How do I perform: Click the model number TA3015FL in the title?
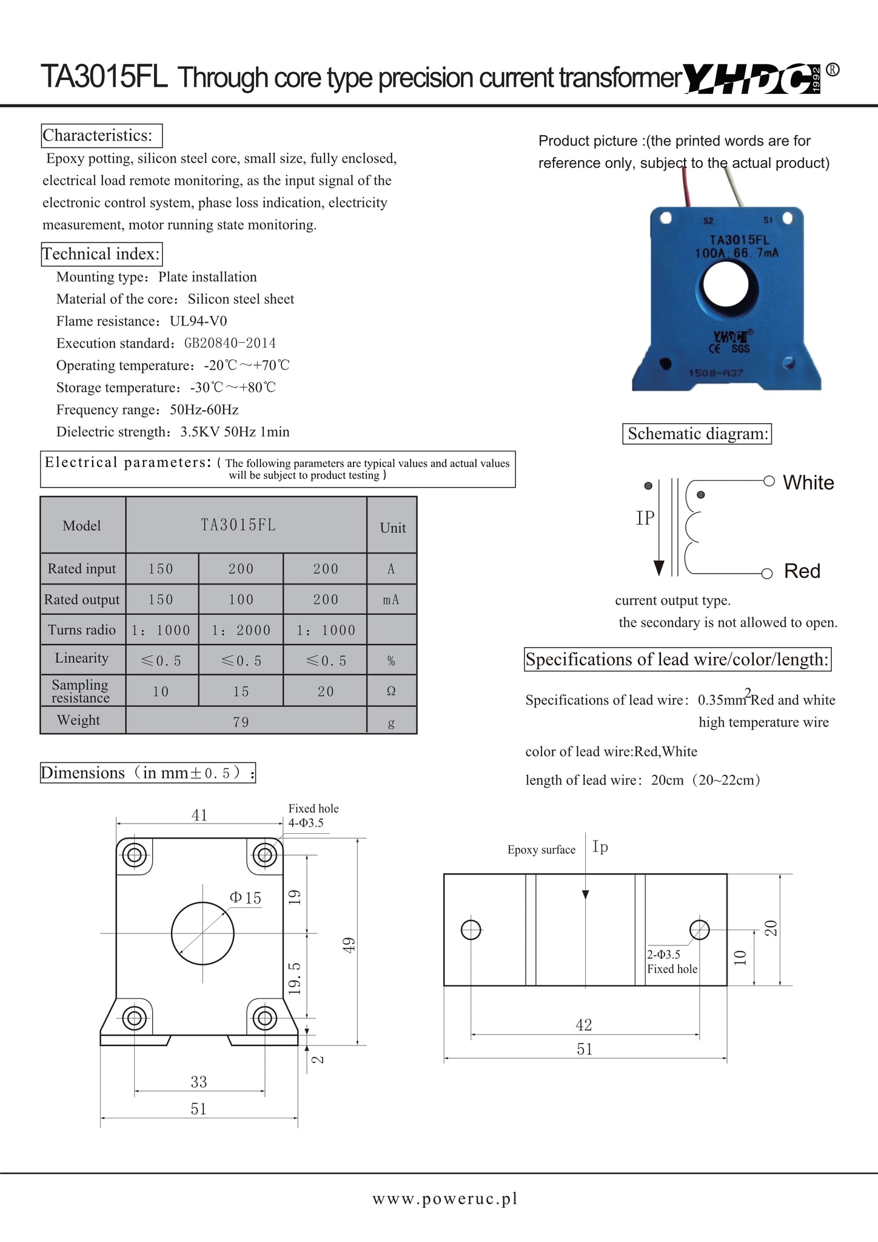pyautogui.click(x=104, y=78)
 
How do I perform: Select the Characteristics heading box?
pyautogui.click(x=101, y=135)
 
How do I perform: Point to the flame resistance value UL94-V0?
pyautogui.click(x=198, y=321)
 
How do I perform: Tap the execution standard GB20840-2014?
pyautogui.click(x=230, y=343)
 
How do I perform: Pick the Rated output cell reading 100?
pyautogui.click(x=241, y=600)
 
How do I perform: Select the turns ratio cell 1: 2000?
pyautogui.click(x=241, y=631)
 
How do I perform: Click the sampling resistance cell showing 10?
pyautogui.click(x=161, y=691)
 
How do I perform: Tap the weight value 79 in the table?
pyautogui.click(x=241, y=722)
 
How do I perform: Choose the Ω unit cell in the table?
pyautogui.click(x=391, y=691)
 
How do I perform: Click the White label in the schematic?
pyautogui.click(x=808, y=483)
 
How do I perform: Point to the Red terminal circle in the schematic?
pyautogui.click(x=767, y=574)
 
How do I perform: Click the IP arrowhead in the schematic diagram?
pyautogui.click(x=658, y=568)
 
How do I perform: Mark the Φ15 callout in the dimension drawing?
pyautogui.click(x=246, y=898)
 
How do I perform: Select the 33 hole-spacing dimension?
pyautogui.click(x=199, y=1082)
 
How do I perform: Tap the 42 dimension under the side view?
pyautogui.click(x=584, y=1025)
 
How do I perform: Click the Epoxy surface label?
pyautogui.click(x=541, y=850)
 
